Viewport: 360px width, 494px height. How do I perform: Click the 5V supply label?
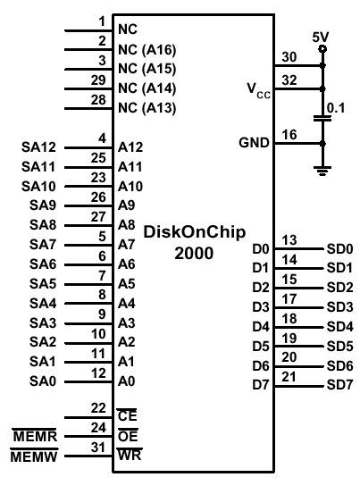click(x=321, y=38)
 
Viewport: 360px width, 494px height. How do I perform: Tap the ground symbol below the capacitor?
click(x=322, y=171)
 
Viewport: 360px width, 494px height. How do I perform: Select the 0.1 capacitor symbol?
click(x=322, y=118)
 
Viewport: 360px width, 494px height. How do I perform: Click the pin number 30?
click(x=289, y=57)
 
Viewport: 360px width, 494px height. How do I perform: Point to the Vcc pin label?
click(x=258, y=90)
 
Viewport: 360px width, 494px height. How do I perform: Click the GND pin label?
click(x=254, y=143)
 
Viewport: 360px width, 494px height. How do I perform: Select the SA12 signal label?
click(x=38, y=147)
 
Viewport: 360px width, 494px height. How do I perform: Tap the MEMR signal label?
click(x=35, y=437)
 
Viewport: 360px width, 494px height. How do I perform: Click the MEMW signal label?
click(x=34, y=456)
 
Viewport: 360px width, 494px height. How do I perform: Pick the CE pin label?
click(x=127, y=416)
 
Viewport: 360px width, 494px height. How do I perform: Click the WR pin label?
click(x=130, y=455)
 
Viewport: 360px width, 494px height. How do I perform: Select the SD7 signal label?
click(x=339, y=385)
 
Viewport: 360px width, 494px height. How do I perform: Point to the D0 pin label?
click(x=261, y=249)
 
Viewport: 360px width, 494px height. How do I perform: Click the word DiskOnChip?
click(x=195, y=232)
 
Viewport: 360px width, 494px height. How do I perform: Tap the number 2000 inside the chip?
click(x=194, y=254)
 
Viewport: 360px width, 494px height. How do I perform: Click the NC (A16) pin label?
click(x=147, y=50)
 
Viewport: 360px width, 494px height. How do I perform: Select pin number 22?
click(x=98, y=408)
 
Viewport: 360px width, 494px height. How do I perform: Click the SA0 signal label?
click(x=43, y=381)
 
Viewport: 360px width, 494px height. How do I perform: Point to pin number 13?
click(x=289, y=240)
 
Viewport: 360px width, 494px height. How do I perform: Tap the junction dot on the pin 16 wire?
click(x=322, y=144)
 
